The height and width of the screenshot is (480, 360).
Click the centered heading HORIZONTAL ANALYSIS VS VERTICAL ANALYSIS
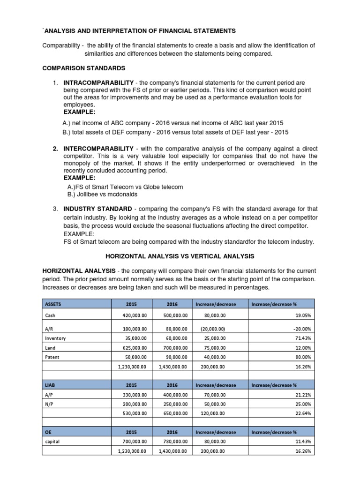[180, 256]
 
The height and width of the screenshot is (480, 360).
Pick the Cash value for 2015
[135, 316]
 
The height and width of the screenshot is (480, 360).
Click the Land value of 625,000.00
[135, 347]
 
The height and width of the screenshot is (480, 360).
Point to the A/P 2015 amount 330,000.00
[135, 395]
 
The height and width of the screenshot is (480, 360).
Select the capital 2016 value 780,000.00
[175, 442]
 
